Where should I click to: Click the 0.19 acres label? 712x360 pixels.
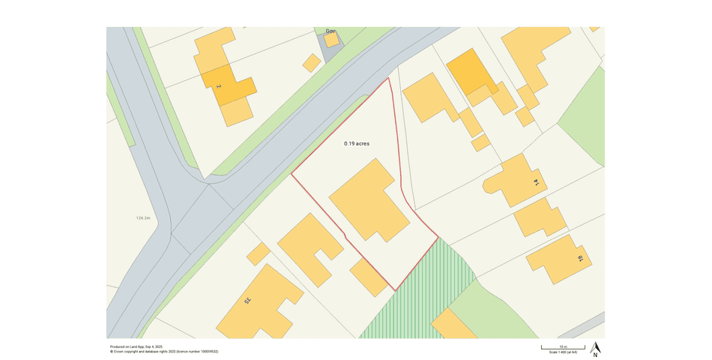(x=357, y=143)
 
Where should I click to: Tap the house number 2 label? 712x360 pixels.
(x=219, y=87)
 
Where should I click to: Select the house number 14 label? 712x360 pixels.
(x=536, y=181)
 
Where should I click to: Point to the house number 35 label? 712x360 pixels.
(x=247, y=301)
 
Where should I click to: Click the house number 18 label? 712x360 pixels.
(x=579, y=259)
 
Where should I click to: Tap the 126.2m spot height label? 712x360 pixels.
(x=143, y=218)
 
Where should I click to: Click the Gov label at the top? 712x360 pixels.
(x=330, y=31)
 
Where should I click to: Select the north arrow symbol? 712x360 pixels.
(x=595, y=348)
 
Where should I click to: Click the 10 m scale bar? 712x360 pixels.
(x=564, y=347)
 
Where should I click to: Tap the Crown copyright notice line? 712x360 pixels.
(x=164, y=351)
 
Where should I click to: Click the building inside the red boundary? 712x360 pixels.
(x=369, y=201)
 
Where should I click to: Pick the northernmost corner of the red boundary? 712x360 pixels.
(x=389, y=78)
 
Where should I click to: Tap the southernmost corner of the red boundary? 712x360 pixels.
(x=394, y=290)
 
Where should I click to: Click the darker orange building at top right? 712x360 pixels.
(x=470, y=72)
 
